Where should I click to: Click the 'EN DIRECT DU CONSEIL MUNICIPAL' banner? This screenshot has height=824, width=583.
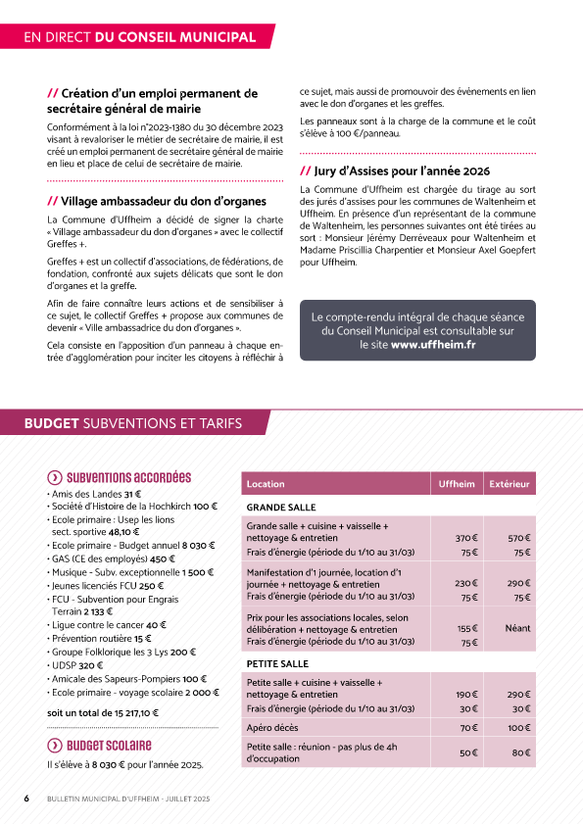139,37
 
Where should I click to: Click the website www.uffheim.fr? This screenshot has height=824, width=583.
433,344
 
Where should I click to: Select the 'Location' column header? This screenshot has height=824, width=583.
266,484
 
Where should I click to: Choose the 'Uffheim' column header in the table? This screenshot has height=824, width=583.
457,484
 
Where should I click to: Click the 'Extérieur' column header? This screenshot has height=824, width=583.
510,484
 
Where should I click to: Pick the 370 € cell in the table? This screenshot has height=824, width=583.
466,538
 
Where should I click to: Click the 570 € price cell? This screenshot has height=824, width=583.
519,538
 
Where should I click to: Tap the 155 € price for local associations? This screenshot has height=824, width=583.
466,628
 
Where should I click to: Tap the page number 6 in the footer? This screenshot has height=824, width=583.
26,800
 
